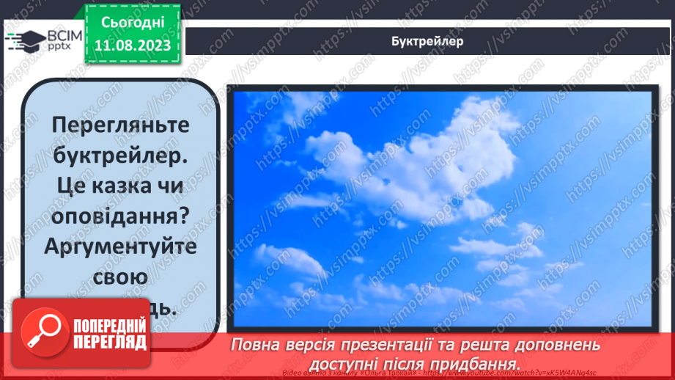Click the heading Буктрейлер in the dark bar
(x=427, y=41)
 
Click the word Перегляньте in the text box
(x=121, y=125)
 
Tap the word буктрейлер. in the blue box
(x=121, y=156)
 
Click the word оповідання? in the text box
(x=121, y=217)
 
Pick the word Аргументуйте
(x=121, y=247)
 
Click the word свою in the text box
(x=121, y=278)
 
